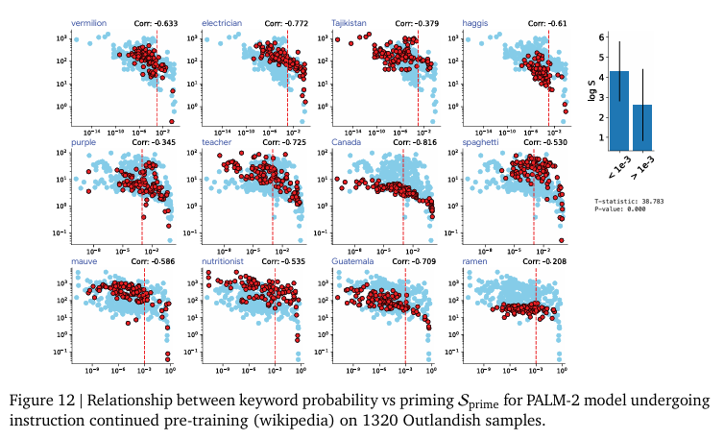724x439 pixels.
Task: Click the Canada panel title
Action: [x=346, y=142]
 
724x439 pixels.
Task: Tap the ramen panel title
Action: [x=475, y=260]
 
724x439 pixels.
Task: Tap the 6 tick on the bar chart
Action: [x=600, y=37]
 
